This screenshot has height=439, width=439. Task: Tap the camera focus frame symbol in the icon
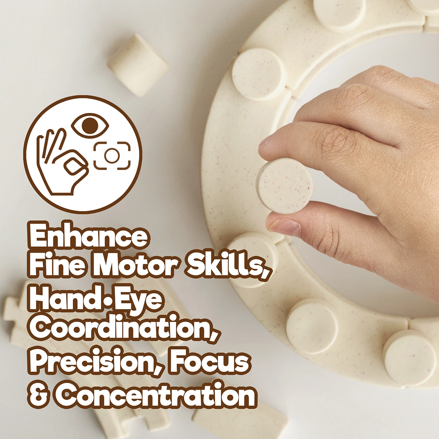point(112,155)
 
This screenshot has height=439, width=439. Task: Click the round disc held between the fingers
point(284,186)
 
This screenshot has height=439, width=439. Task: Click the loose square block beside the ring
point(138,65)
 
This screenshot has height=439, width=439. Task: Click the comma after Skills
point(267,273)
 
